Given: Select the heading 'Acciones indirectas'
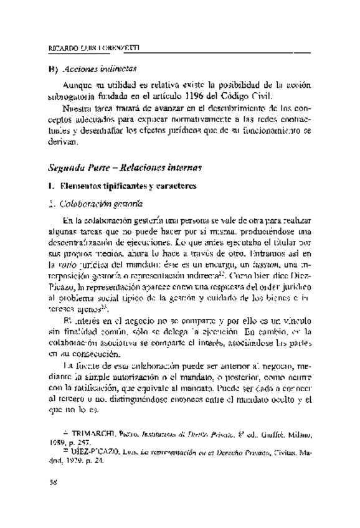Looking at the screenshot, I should pyautogui.click(x=100, y=68).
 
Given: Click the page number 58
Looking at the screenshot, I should pyautogui.click(x=53, y=481).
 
